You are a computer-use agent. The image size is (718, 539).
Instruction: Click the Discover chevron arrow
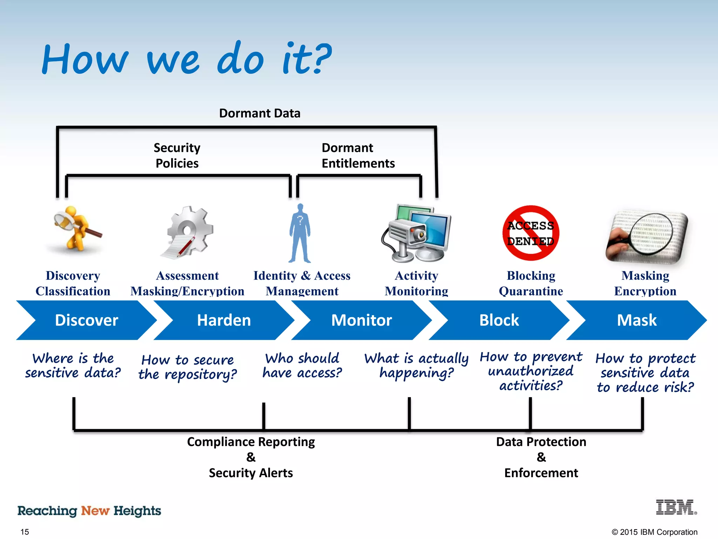tap(86, 320)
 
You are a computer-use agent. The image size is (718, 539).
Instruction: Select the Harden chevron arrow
tap(224, 320)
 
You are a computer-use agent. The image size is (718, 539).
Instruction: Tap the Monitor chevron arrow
tap(361, 320)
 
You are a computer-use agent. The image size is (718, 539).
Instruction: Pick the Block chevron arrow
tap(499, 320)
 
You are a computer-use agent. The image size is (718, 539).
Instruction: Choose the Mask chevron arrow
tap(636, 320)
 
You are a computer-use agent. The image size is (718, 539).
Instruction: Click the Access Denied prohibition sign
tap(530, 233)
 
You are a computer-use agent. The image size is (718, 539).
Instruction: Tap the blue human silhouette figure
tap(300, 233)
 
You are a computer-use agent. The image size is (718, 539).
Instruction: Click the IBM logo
tap(676, 507)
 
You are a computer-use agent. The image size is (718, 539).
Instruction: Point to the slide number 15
tap(25, 532)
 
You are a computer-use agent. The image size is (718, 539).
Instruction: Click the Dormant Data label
tap(259, 113)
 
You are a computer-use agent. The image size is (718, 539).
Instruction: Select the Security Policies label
tap(177, 155)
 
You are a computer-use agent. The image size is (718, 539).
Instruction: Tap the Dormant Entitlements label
tap(358, 155)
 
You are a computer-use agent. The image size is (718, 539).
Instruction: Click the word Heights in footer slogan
tap(137, 511)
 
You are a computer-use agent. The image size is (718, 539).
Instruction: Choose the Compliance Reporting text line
tap(251, 442)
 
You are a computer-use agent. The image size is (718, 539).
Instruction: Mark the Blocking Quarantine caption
tap(531, 283)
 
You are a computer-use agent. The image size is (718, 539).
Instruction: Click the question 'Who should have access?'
tap(302, 366)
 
